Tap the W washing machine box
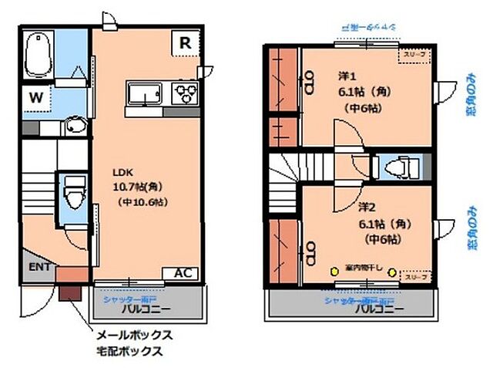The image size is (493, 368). [35, 98]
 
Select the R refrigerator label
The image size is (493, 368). [185, 42]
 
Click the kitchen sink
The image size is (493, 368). [146, 95]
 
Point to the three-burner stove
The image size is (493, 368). [186, 95]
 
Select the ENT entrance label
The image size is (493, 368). [40, 267]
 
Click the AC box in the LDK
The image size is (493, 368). [183, 273]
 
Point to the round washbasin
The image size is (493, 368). [75, 126]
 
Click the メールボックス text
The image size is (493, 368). [132, 336]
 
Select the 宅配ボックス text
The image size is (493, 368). [128, 352]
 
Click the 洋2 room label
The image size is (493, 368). [367, 207]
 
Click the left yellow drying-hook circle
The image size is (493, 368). [334, 271]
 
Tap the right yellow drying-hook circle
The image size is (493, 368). [393, 271]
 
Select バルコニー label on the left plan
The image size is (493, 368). [146, 309]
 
